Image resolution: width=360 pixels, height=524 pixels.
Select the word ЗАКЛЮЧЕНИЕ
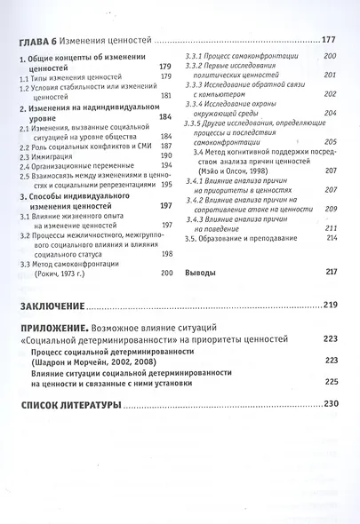pyautogui.click(x=53, y=306)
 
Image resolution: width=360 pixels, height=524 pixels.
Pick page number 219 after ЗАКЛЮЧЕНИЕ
pyautogui.click(x=330, y=306)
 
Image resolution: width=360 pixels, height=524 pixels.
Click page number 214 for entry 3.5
pyautogui.click(x=332, y=238)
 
